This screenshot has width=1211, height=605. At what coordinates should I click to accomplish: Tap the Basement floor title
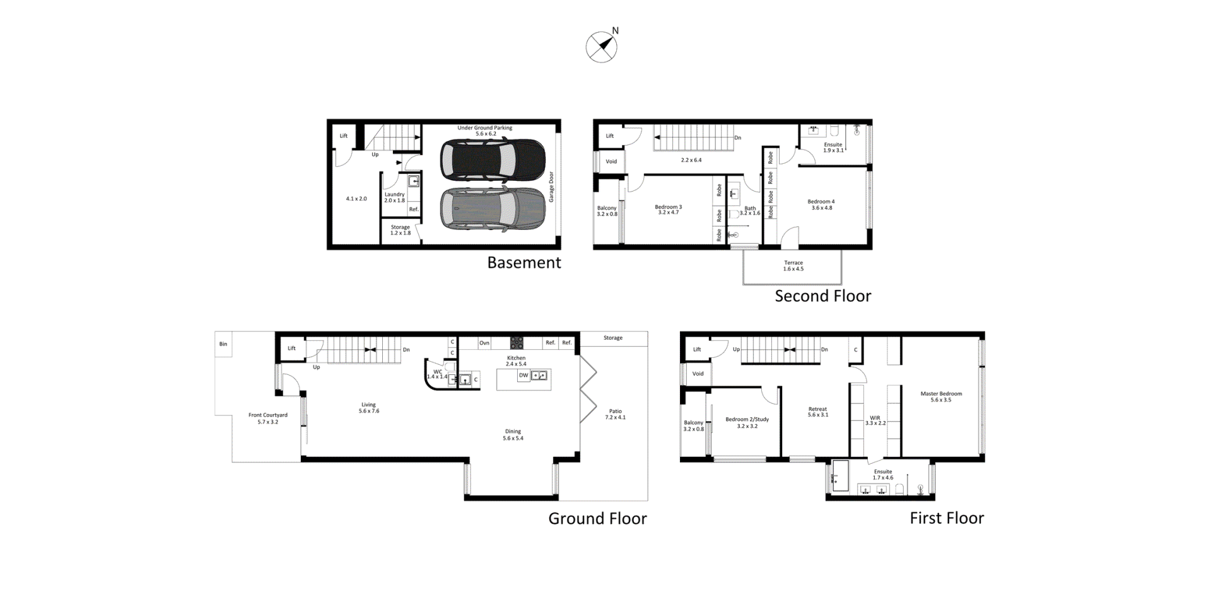(x=524, y=263)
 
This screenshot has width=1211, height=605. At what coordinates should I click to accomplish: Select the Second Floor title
(x=822, y=296)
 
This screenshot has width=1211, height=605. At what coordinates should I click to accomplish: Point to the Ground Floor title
(x=597, y=519)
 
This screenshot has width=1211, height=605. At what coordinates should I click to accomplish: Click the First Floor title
(x=947, y=518)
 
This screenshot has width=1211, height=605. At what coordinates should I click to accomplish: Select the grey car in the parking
(x=493, y=209)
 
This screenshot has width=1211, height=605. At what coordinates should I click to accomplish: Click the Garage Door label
(x=551, y=187)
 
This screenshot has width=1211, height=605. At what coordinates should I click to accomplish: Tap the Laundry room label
(x=395, y=195)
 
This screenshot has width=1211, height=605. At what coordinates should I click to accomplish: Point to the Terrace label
(x=793, y=263)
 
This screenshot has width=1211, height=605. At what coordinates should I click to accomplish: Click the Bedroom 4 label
(x=821, y=202)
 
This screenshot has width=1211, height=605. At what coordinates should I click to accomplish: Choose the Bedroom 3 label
(x=668, y=207)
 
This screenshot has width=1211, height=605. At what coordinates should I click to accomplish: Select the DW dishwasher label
(x=524, y=375)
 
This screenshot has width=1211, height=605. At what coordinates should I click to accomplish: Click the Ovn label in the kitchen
(x=484, y=343)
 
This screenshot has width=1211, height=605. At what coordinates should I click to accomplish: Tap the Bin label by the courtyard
(x=223, y=344)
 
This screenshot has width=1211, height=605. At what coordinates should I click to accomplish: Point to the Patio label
(x=615, y=412)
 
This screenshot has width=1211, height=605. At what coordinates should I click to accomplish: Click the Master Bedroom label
(x=941, y=394)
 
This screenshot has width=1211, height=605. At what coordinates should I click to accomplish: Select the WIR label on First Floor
(x=875, y=418)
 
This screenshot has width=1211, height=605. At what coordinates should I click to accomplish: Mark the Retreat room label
(x=817, y=409)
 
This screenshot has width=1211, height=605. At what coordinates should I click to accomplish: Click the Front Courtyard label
(x=268, y=415)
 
